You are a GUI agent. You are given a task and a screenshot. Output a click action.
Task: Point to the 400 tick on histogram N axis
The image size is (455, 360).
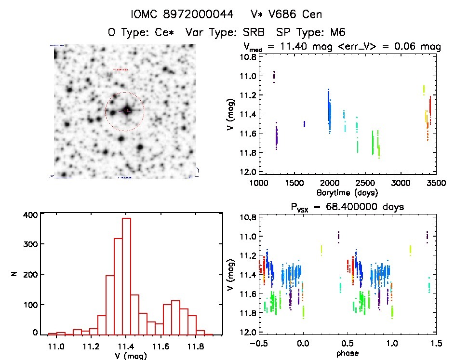[29, 215]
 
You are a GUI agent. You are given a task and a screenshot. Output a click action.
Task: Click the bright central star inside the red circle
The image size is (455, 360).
[127, 110]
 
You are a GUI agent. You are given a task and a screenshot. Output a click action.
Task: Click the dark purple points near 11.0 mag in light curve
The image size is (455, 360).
[274, 76]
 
